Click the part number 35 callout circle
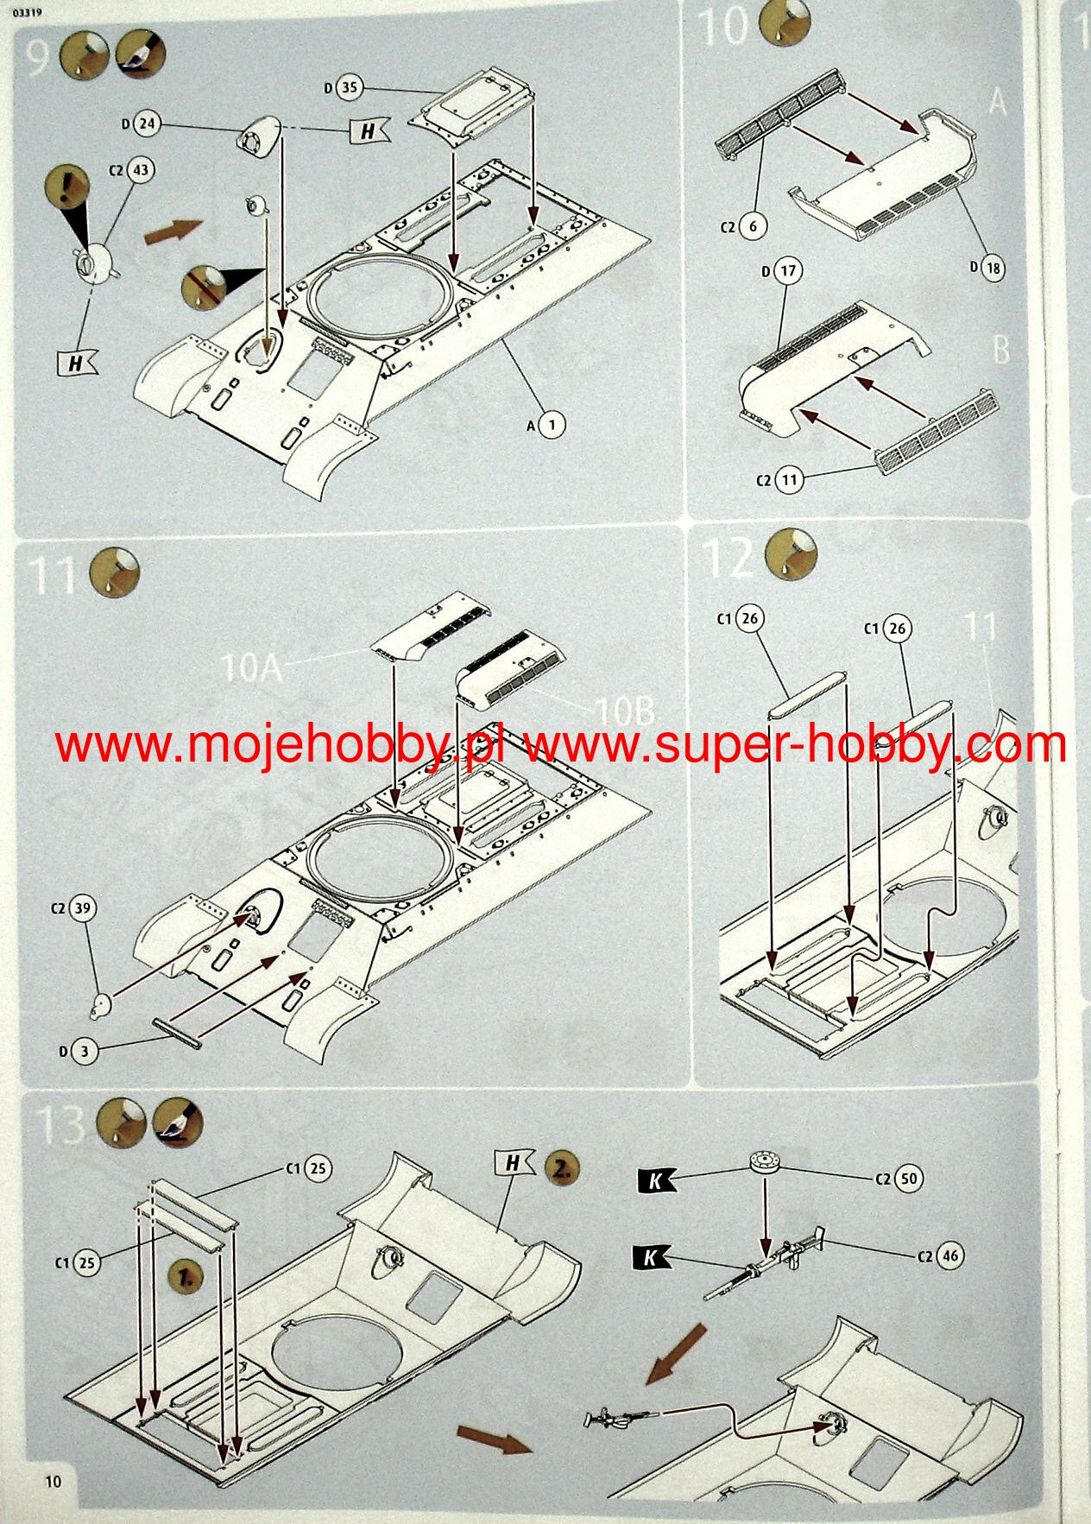pos(349,87)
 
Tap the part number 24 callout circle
pos(147,124)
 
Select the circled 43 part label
pos(141,170)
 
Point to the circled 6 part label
pos(753,226)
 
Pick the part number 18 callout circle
pos(993,268)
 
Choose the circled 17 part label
pos(788,271)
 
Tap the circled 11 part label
pos(789,479)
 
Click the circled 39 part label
pos(82,908)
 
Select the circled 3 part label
pos(84,1051)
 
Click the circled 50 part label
pos(908,1179)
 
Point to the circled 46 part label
pos(949,1255)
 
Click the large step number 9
pos(37,58)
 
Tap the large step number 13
pos(60,1126)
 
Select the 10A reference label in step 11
pos(251,667)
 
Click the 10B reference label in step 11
pos(625,711)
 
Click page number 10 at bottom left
pos(54,1481)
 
